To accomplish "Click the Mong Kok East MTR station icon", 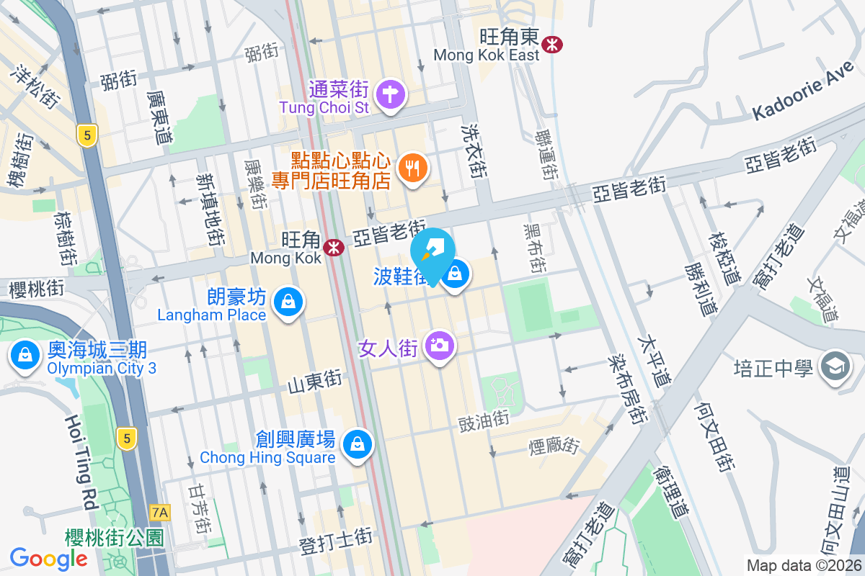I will pos(553,45).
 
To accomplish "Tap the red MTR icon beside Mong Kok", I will pos(333,248).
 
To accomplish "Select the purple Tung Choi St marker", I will pos(391,94).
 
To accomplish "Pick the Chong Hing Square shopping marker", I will pos(357,444).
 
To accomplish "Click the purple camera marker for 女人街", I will pos(438,346).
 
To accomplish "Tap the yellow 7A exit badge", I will pos(160,513).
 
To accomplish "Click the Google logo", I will pos(48,559).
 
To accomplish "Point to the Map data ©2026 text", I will pos(803,566).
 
